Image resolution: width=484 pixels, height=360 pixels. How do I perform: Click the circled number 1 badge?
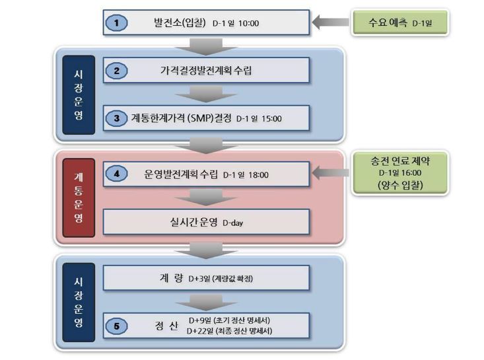pos(116,24)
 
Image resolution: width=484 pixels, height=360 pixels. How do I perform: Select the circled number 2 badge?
pos(116,69)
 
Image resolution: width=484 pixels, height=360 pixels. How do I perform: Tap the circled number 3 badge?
pos(116,119)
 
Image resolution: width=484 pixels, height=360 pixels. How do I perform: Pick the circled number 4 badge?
pos(116,175)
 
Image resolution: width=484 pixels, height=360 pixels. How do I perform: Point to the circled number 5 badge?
pos(116,325)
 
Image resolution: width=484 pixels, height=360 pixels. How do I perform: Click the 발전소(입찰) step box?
pos(207,22)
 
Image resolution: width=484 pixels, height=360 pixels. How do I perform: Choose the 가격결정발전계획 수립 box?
pos(207,69)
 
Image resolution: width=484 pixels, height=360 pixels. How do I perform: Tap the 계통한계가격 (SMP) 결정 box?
pos(207,119)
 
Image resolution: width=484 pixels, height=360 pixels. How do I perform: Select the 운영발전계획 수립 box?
pos(207,175)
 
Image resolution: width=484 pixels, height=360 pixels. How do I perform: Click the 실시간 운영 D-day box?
pos(207,222)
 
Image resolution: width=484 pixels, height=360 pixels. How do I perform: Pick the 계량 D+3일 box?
pos(207,279)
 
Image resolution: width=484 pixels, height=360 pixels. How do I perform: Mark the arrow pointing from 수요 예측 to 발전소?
pos(329,23)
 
